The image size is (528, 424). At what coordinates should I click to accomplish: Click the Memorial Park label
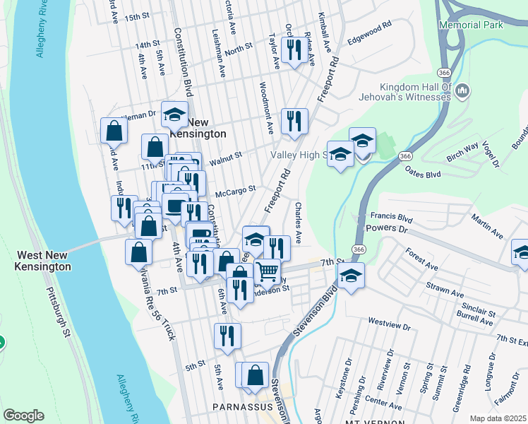(471, 24)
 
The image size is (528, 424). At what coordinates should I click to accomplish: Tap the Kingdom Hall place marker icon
(463, 90)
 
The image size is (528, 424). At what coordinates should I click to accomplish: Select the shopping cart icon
(266, 271)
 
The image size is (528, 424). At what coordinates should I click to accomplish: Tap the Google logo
(23, 416)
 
